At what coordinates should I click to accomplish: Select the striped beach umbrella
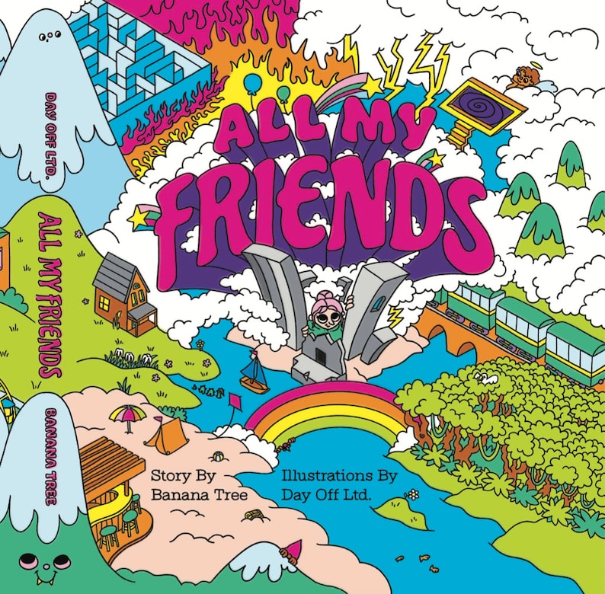(x=126, y=416)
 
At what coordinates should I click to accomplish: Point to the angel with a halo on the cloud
(x=527, y=77)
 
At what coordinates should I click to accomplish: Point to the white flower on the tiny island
(x=412, y=495)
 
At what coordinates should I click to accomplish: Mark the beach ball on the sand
(x=217, y=456)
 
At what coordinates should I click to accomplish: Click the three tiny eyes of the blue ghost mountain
(x=52, y=35)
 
